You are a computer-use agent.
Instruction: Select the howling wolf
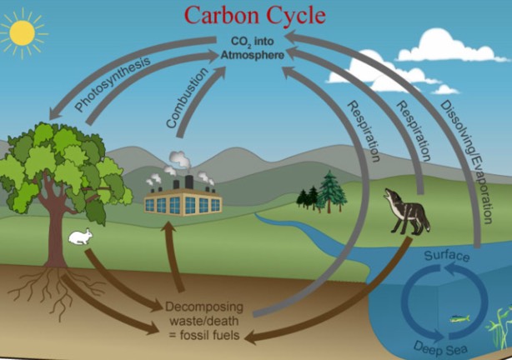pyautogui.click(x=408, y=213)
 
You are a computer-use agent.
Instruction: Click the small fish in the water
pyautogui.click(x=459, y=317)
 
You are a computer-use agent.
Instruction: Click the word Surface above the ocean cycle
pyautogui.click(x=446, y=256)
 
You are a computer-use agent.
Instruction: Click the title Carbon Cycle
pyautogui.click(x=255, y=14)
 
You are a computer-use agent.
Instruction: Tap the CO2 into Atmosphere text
pyautogui.click(x=256, y=48)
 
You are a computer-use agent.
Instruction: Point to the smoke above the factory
pyautogui.click(x=179, y=161)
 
